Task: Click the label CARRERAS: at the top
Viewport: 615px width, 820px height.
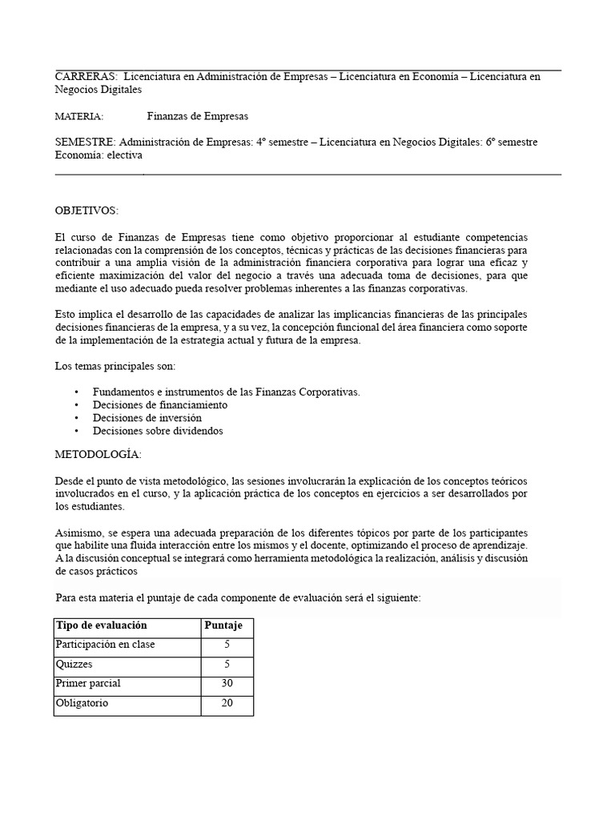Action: (x=86, y=77)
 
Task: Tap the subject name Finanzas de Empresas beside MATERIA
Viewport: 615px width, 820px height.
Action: (x=197, y=116)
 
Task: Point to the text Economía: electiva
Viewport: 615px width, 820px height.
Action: (x=98, y=155)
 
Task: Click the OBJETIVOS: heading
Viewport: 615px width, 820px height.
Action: (x=86, y=211)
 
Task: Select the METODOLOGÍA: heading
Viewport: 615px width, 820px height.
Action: (x=98, y=455)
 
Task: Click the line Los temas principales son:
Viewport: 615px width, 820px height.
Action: (x=115, y=367)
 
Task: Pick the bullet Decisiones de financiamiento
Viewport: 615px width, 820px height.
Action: (x=159, y=405)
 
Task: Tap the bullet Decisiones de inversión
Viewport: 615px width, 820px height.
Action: (x=147, y=418)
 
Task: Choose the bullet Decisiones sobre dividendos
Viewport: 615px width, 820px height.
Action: (x=157, y=431)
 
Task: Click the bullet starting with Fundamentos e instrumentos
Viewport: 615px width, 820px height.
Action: (x=226, y=392)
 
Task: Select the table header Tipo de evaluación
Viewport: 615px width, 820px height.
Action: (x=101, y=625)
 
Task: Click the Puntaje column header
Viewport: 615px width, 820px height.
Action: (x=227, y=625)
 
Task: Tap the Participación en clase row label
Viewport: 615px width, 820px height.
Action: (x=105, y=645)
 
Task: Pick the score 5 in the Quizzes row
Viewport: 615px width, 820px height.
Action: (x=227, y=664)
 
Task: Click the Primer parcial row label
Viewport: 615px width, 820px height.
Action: (x=86, y=683)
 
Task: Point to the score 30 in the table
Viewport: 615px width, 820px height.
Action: (x=227, y=683)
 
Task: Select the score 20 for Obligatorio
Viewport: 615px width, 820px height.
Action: (x=227, y=703)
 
